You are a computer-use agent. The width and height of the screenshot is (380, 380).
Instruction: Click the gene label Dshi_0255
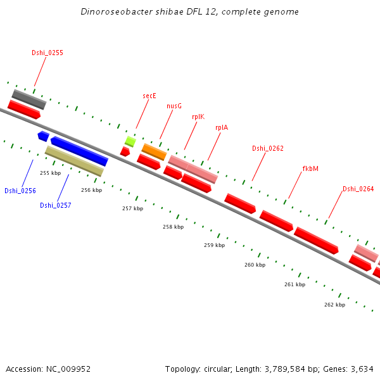47,53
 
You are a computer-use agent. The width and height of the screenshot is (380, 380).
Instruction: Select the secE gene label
149,96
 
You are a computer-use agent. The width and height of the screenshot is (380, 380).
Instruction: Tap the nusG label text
174,106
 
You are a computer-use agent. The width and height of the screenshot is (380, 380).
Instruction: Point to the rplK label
198,117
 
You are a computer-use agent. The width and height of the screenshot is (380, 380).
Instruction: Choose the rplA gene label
222,127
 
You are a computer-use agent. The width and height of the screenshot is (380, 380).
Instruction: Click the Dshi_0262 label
268,148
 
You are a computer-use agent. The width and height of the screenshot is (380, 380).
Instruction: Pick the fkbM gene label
310,168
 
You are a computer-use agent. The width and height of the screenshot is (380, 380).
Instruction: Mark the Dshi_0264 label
358,189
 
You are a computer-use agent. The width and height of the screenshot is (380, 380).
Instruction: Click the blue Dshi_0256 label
20,191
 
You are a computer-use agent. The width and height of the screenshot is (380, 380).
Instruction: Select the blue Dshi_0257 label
56,205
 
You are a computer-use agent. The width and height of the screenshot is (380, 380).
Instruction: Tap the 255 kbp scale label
50,173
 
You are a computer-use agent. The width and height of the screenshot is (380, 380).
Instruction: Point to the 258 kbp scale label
173,227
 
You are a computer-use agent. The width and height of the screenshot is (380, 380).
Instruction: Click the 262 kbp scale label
334,305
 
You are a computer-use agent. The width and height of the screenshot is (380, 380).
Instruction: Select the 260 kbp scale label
255,265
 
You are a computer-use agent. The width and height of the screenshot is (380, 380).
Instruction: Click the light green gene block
130,141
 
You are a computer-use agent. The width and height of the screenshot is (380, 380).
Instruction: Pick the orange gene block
154,151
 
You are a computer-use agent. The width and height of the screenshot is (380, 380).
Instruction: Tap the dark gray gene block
29,99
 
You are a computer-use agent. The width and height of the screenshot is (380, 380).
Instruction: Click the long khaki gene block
74,161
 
